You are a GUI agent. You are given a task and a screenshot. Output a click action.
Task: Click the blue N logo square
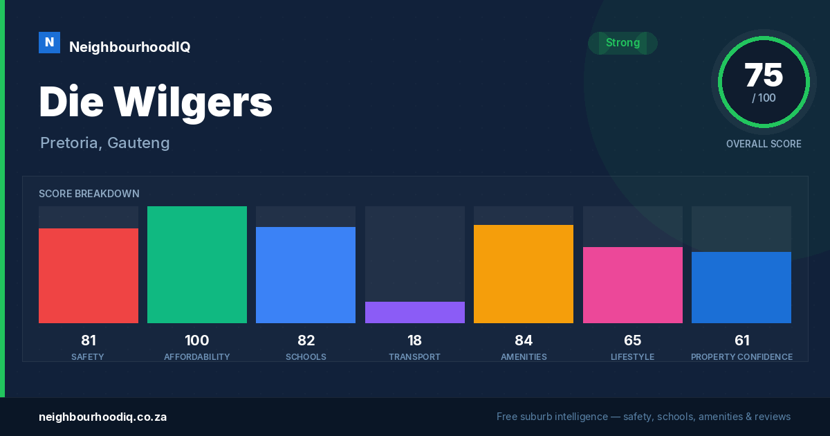click(49, 43)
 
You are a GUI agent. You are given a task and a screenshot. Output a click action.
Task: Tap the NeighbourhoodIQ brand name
click(130, 47)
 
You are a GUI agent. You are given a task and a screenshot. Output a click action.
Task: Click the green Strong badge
click(622, 43)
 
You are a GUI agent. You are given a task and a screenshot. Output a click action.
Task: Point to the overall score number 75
click(764, 75)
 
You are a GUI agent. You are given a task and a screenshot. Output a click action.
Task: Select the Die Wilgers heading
click(156, 102)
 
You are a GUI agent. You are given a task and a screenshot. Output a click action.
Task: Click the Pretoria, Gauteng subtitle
click(105, 143)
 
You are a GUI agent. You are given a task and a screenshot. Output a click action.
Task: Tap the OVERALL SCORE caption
click(764, 144)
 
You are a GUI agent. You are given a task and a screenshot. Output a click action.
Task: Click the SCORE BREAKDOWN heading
click(89, 194)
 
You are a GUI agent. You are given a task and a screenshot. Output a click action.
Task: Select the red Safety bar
click(89, 275)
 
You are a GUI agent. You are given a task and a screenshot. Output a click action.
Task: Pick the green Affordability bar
click(197, 264)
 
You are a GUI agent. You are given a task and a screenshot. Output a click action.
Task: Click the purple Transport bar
click(415, 312)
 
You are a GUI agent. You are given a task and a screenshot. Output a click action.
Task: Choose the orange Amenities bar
click(524, 274)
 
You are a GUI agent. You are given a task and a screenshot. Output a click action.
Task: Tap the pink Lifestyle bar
click(633, 285)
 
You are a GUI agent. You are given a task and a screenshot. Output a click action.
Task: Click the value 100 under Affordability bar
click(197, 340)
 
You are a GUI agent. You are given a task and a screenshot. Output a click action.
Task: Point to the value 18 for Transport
click(414, 340)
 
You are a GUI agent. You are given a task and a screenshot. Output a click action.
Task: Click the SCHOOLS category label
click(306, 356)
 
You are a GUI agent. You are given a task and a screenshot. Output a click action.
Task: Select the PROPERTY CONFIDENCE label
click(741, 356)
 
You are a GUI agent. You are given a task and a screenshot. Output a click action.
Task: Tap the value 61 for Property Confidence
click(741, 340)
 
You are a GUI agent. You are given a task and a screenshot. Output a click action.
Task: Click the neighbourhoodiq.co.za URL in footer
click(102, 417)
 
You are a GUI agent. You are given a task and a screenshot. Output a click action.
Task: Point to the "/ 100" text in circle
click(764, 98)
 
